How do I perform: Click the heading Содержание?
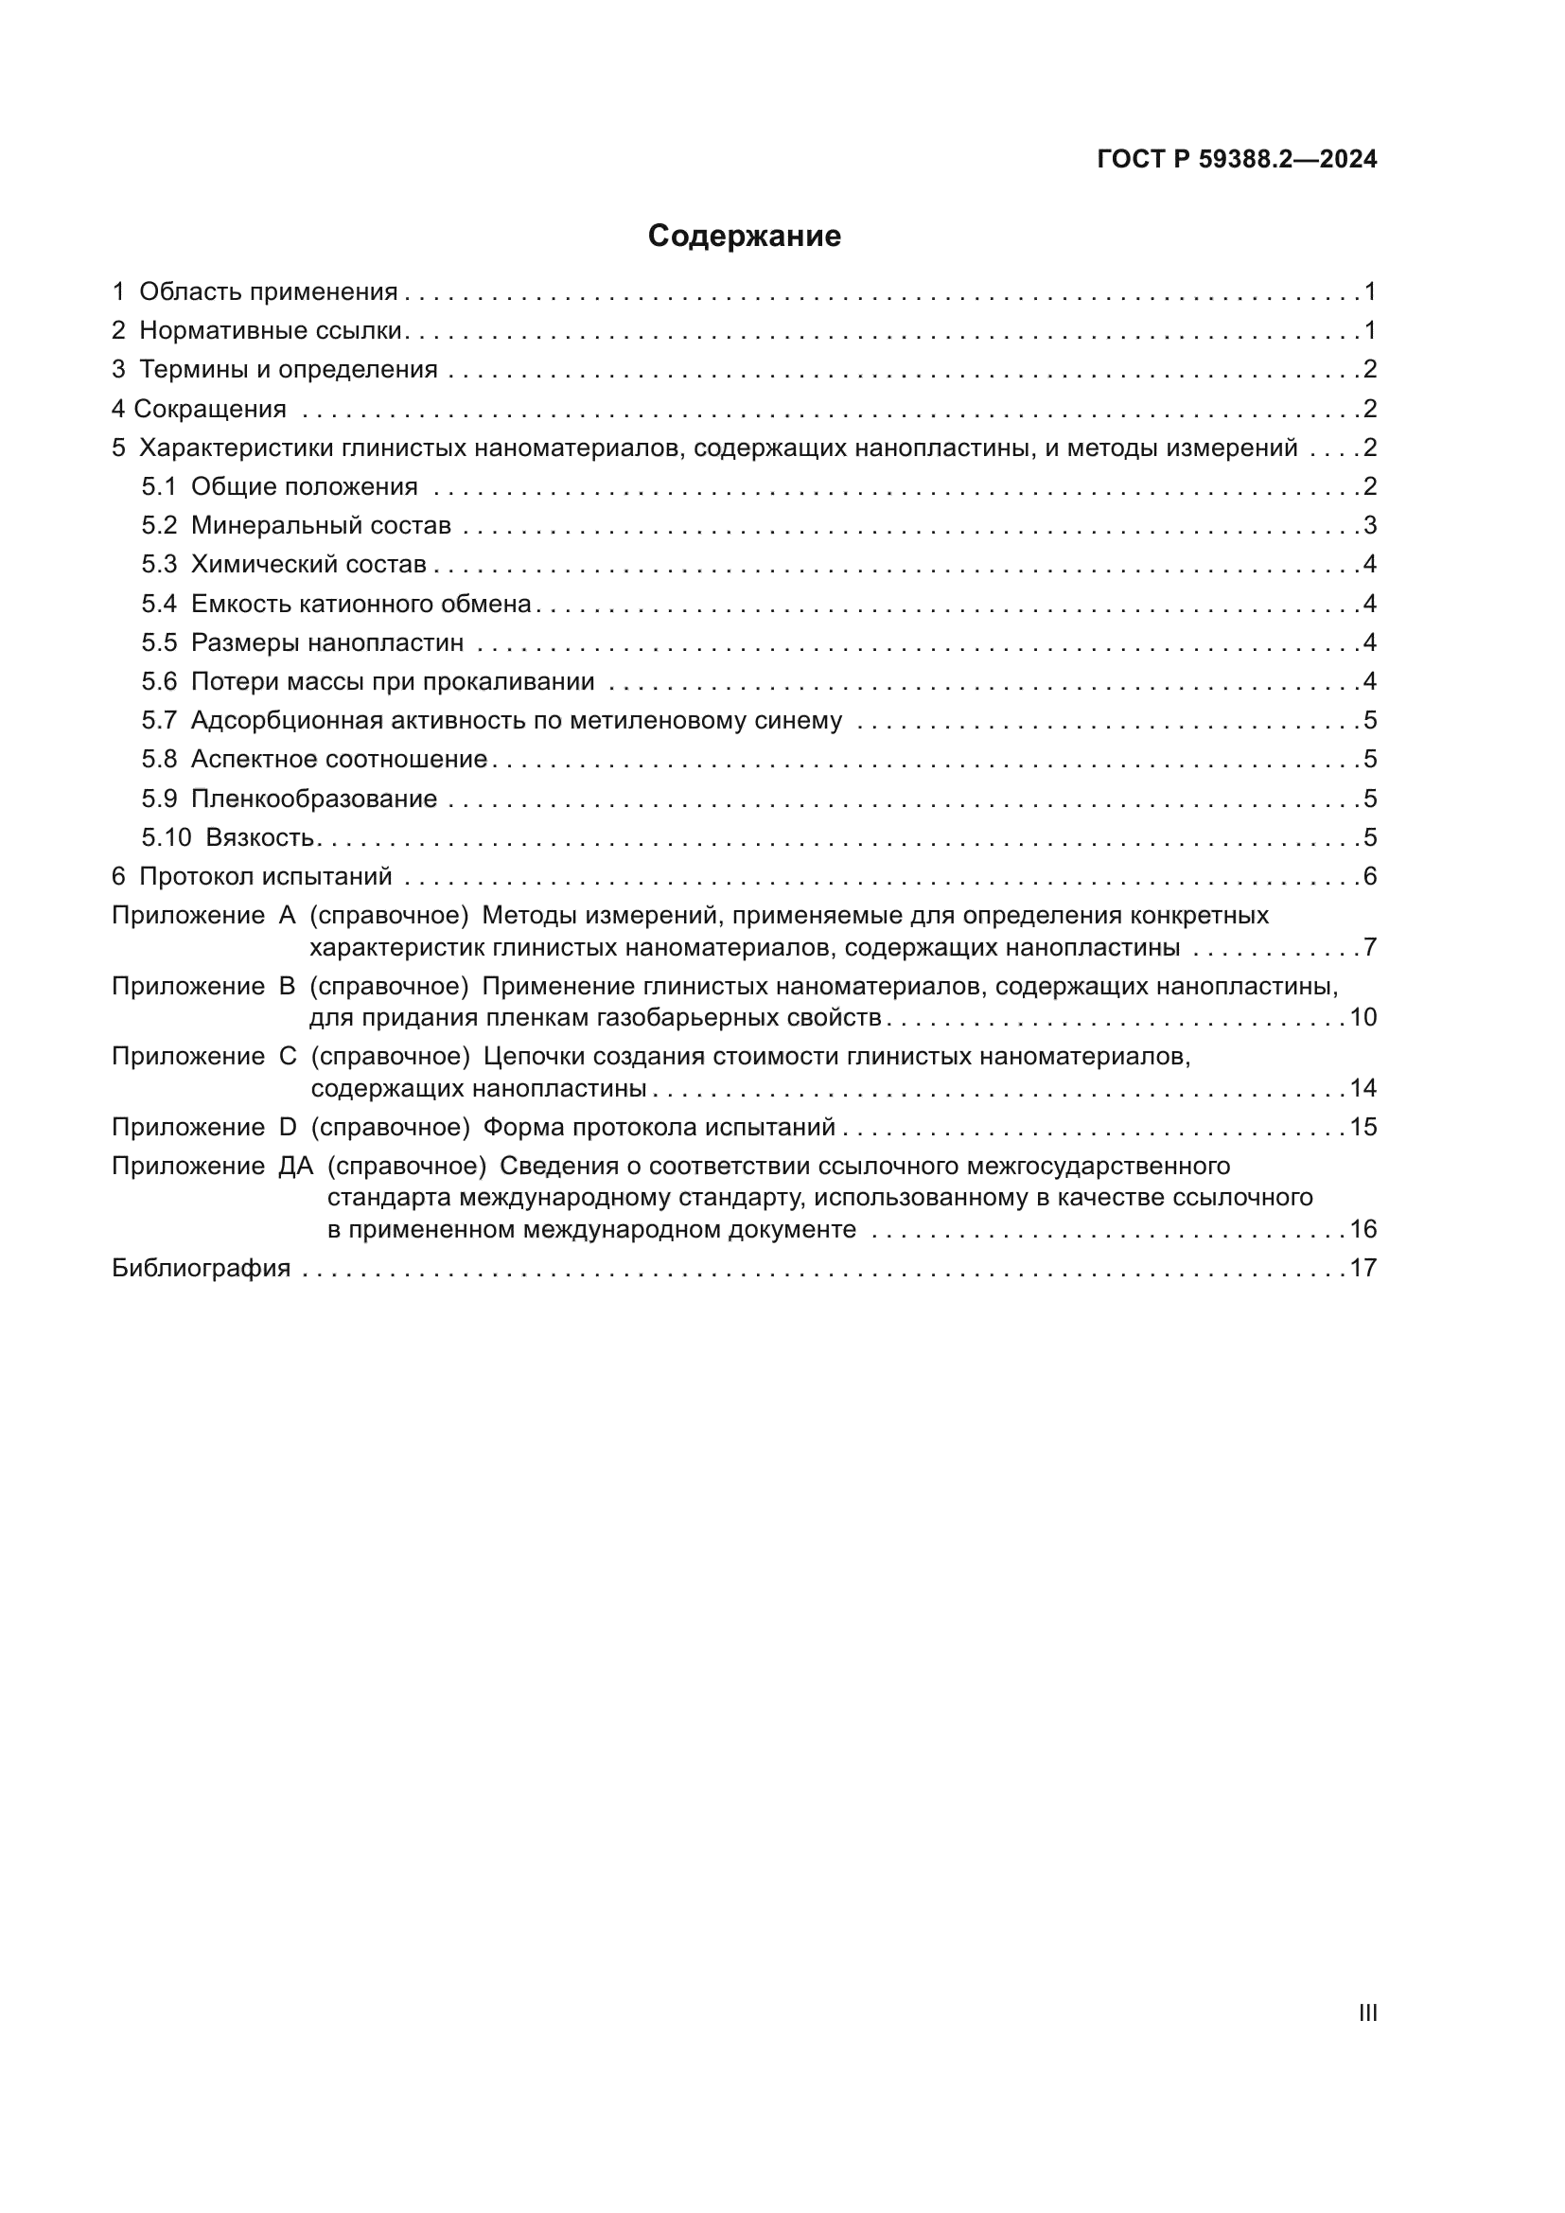[x=744, y=237]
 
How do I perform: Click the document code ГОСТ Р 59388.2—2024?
[x=1237, y=160]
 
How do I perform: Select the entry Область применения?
[x=268, y=292]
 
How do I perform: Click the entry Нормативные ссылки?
[x=270, y=330]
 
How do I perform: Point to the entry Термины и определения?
[x=289, y=369]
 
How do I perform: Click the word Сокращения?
[x=210, y=409]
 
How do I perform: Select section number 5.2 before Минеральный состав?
[x=159, y=525]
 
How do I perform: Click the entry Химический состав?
[x=308, y=565]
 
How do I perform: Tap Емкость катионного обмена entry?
[x=360, y=604]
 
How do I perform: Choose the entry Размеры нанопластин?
[x=326, y=642]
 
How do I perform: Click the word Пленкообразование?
[x=313, y=799]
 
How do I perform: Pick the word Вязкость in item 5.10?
[x=260, y=837]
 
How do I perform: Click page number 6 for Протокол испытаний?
[x=1369, y=876]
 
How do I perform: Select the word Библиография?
[x=201, y=1268]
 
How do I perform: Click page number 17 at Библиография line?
[x=1363, y=1268]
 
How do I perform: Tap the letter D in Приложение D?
[x=288, y=1127]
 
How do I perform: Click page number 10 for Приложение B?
[x=1363, y=1017]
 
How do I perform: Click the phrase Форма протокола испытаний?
[x=659, y=1127]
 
